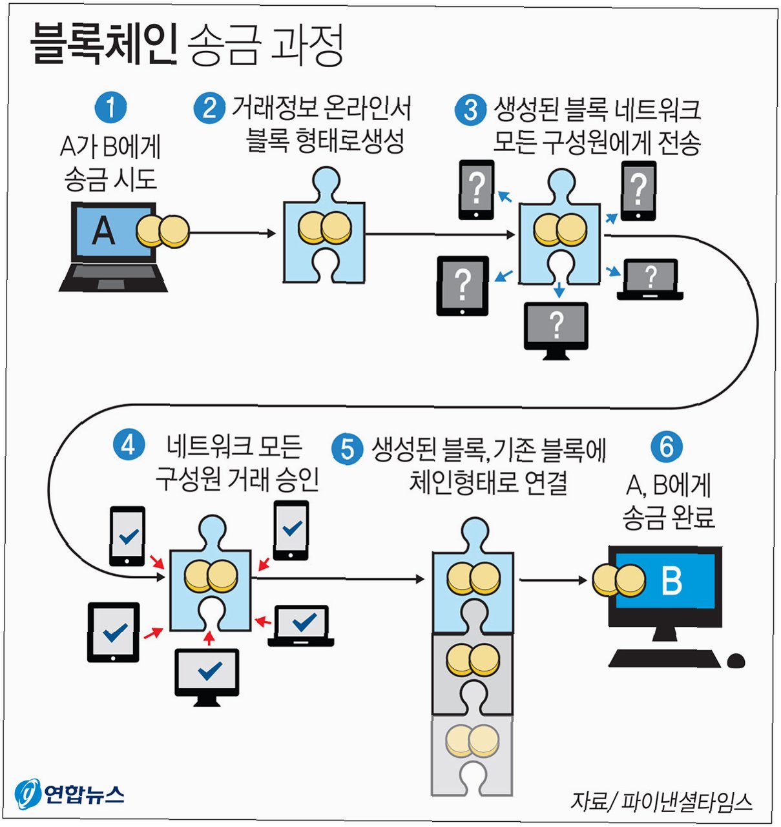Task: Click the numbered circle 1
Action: pyautogui.click(x=110, y=108)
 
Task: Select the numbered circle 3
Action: pyautogui.click(x=470, y=110)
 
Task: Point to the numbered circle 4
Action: pyautogui.click(x=129, y=445)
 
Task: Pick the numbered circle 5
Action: pyautogui.click(x=348, y=449)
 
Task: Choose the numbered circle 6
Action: pyautogui.click(x=667, y=446)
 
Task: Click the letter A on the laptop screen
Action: pyautogui.click(x=103, y=231)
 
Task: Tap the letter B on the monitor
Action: pyautogui.click(x=672, y=580)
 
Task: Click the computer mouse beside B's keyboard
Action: pyautogui.click(x=736, y=661)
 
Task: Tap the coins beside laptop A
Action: pyautogui.click(x=164, y=231)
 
